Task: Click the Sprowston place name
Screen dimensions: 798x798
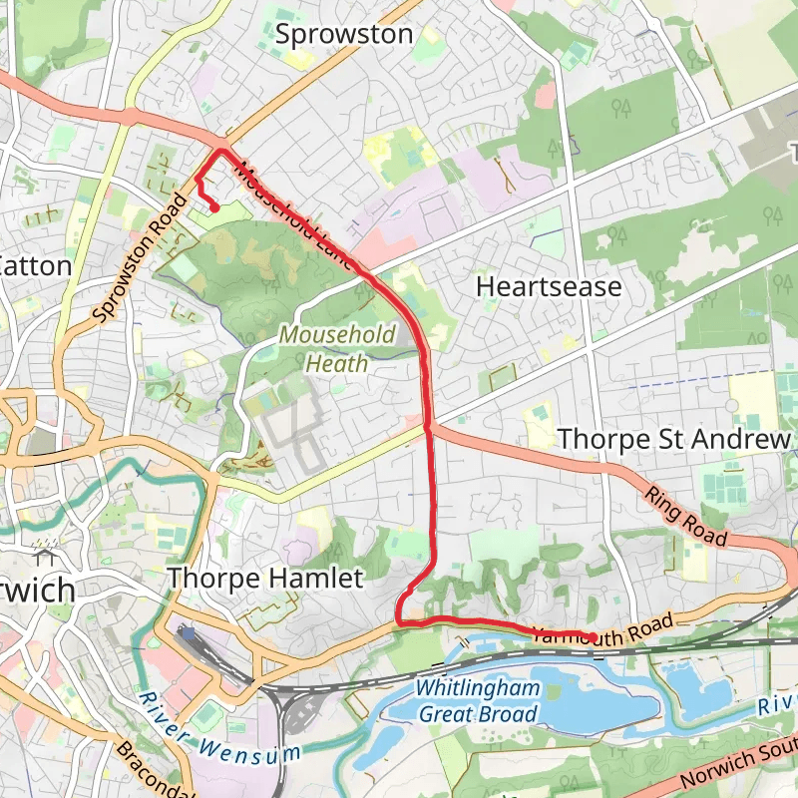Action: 343,34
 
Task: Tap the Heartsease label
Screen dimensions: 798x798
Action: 549,287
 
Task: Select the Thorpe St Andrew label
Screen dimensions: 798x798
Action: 674,439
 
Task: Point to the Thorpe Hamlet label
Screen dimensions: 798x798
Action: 264,578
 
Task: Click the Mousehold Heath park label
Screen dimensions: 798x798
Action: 337,349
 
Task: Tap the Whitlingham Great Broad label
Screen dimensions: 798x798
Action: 477,701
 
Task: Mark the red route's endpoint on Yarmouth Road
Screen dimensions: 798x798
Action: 593,637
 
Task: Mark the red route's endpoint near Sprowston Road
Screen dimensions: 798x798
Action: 214,207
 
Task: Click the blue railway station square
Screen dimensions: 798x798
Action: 187,632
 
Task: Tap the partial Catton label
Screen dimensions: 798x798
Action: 35,266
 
